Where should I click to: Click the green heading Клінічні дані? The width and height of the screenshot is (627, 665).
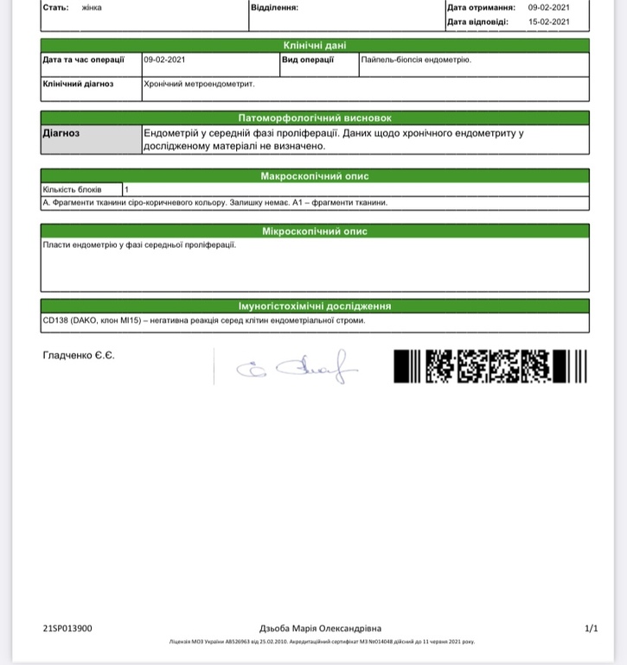[315, 45]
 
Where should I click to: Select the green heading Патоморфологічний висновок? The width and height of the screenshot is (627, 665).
[315, 117]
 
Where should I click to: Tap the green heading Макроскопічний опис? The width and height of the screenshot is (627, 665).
[315, 176]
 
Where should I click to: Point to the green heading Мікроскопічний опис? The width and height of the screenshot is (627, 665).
[315, 231]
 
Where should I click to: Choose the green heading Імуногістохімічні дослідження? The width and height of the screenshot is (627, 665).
[315, 306]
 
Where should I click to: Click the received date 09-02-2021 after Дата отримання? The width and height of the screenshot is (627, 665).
[549, 7]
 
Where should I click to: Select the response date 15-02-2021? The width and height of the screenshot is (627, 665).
[549, 22]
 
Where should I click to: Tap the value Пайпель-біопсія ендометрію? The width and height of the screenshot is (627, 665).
[416, 60]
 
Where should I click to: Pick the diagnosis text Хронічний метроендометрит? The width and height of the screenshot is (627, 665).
[199, 85]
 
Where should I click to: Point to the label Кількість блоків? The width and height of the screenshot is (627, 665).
[73, 189]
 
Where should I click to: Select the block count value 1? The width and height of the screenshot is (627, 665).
[127, 189]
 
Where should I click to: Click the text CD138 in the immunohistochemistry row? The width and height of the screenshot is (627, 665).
[54, 320]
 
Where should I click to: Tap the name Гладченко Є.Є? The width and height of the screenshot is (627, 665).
[79, 356]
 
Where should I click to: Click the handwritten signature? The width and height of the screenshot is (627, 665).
[298, 367]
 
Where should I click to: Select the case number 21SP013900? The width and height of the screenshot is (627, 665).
[67, 629]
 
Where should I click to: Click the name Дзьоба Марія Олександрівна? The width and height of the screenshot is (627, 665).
[320, 629]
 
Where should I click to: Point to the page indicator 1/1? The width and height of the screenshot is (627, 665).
[592, 629]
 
